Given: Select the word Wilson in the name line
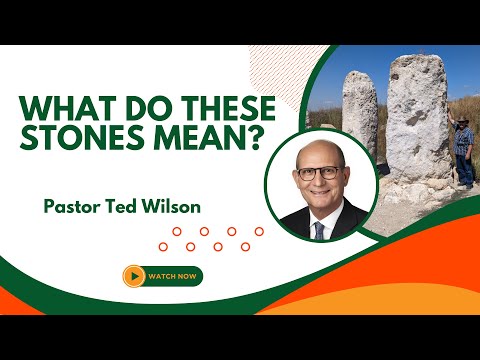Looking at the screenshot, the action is [172, 206].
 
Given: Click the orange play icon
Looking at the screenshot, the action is [134, 276].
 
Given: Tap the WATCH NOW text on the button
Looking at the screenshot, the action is [172, 276].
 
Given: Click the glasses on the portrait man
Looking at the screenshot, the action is [319, 173].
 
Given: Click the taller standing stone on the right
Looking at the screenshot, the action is [419, 120].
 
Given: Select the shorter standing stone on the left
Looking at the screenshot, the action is [360, 112].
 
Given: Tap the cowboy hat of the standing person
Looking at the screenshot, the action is [462, 120].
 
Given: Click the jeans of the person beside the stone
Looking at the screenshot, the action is [465, 169].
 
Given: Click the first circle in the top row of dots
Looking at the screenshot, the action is [177, 231].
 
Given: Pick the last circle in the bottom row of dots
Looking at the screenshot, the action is [245, 247].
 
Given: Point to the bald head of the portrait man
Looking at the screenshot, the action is [321, 153].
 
